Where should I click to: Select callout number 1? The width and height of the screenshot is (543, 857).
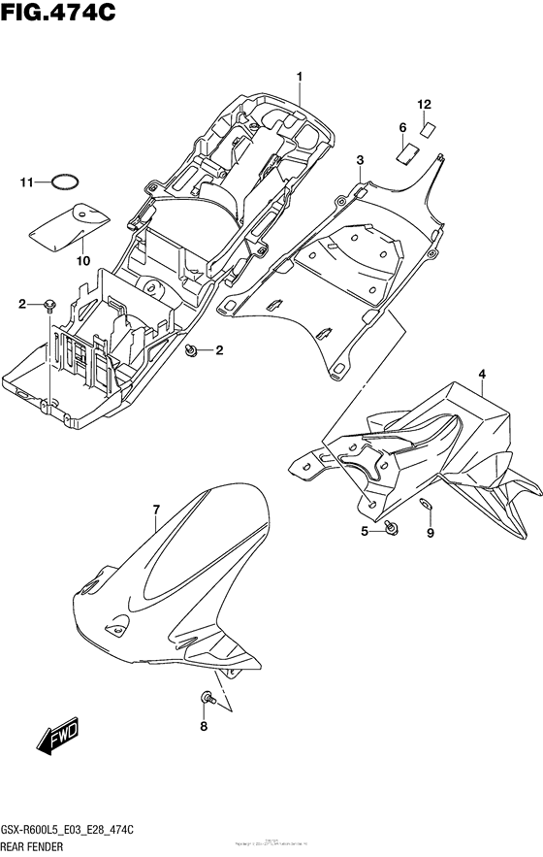click(301, 77)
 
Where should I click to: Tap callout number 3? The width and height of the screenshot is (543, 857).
click(360, 160)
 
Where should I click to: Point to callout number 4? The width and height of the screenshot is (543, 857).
click(481, 374)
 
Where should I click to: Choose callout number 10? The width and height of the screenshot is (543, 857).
click(82, 261)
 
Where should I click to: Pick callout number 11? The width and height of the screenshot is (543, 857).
click(29, 181)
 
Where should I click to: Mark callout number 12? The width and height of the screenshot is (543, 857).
click(424, 104)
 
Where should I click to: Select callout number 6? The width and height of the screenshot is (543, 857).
click(401, 128)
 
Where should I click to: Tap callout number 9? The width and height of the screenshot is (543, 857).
click(431, 533)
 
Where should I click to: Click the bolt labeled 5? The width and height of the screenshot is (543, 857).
click(391, 527)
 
